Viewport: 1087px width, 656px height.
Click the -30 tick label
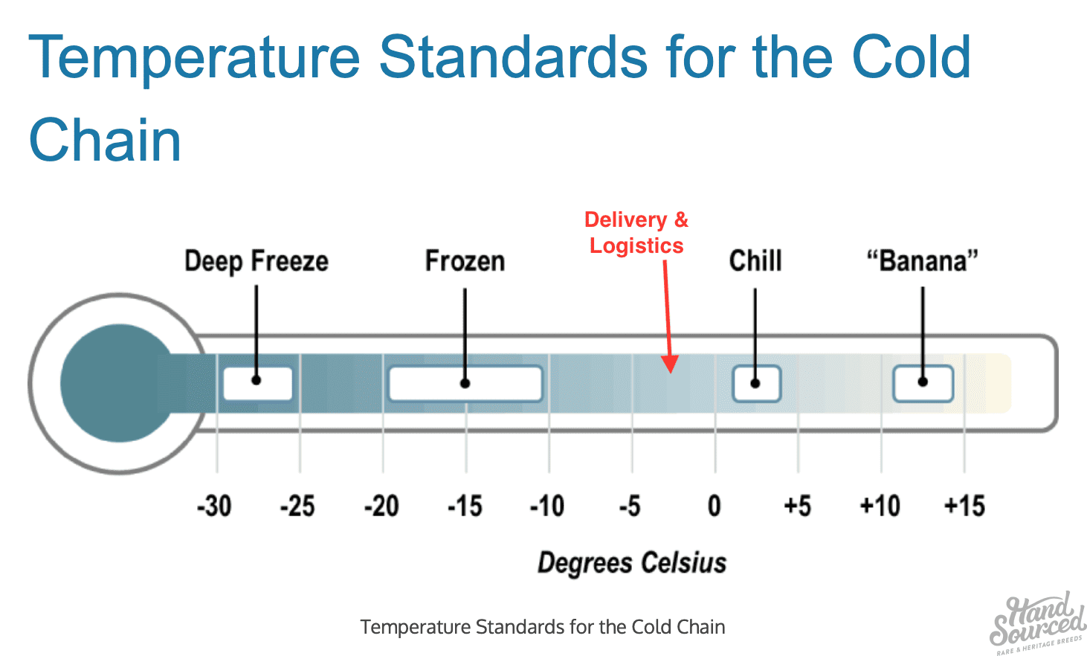tap(214, 506)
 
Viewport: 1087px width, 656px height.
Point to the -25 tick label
tap(297, 506)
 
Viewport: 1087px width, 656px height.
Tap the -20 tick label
tap(381, 506)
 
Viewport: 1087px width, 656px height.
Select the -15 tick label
tap(465, 506)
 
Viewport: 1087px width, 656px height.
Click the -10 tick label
tap(547, 506)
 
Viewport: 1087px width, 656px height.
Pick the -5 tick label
tap(630, 506)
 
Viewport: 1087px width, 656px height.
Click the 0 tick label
tap(715, 506)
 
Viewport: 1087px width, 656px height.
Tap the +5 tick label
tap(798, 506)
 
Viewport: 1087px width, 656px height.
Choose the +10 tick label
tap(880, 506)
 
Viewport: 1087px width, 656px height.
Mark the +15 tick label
tap(965, 506)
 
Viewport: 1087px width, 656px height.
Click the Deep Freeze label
tap(257, 262)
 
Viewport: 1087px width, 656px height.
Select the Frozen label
tap(465, 261)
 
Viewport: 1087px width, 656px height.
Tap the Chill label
tap(755, 260)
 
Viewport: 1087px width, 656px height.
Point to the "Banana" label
tap(923, 261)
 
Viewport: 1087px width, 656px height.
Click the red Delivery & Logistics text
tap(636, 233)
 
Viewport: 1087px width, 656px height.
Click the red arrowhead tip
tap(671, 373)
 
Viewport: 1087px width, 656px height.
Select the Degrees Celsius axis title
tap(632, 563)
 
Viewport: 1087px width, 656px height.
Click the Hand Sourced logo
tap(1037, 624)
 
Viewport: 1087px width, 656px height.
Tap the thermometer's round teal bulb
tap(117, 383)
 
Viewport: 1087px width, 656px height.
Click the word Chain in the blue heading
tap(105, 141)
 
